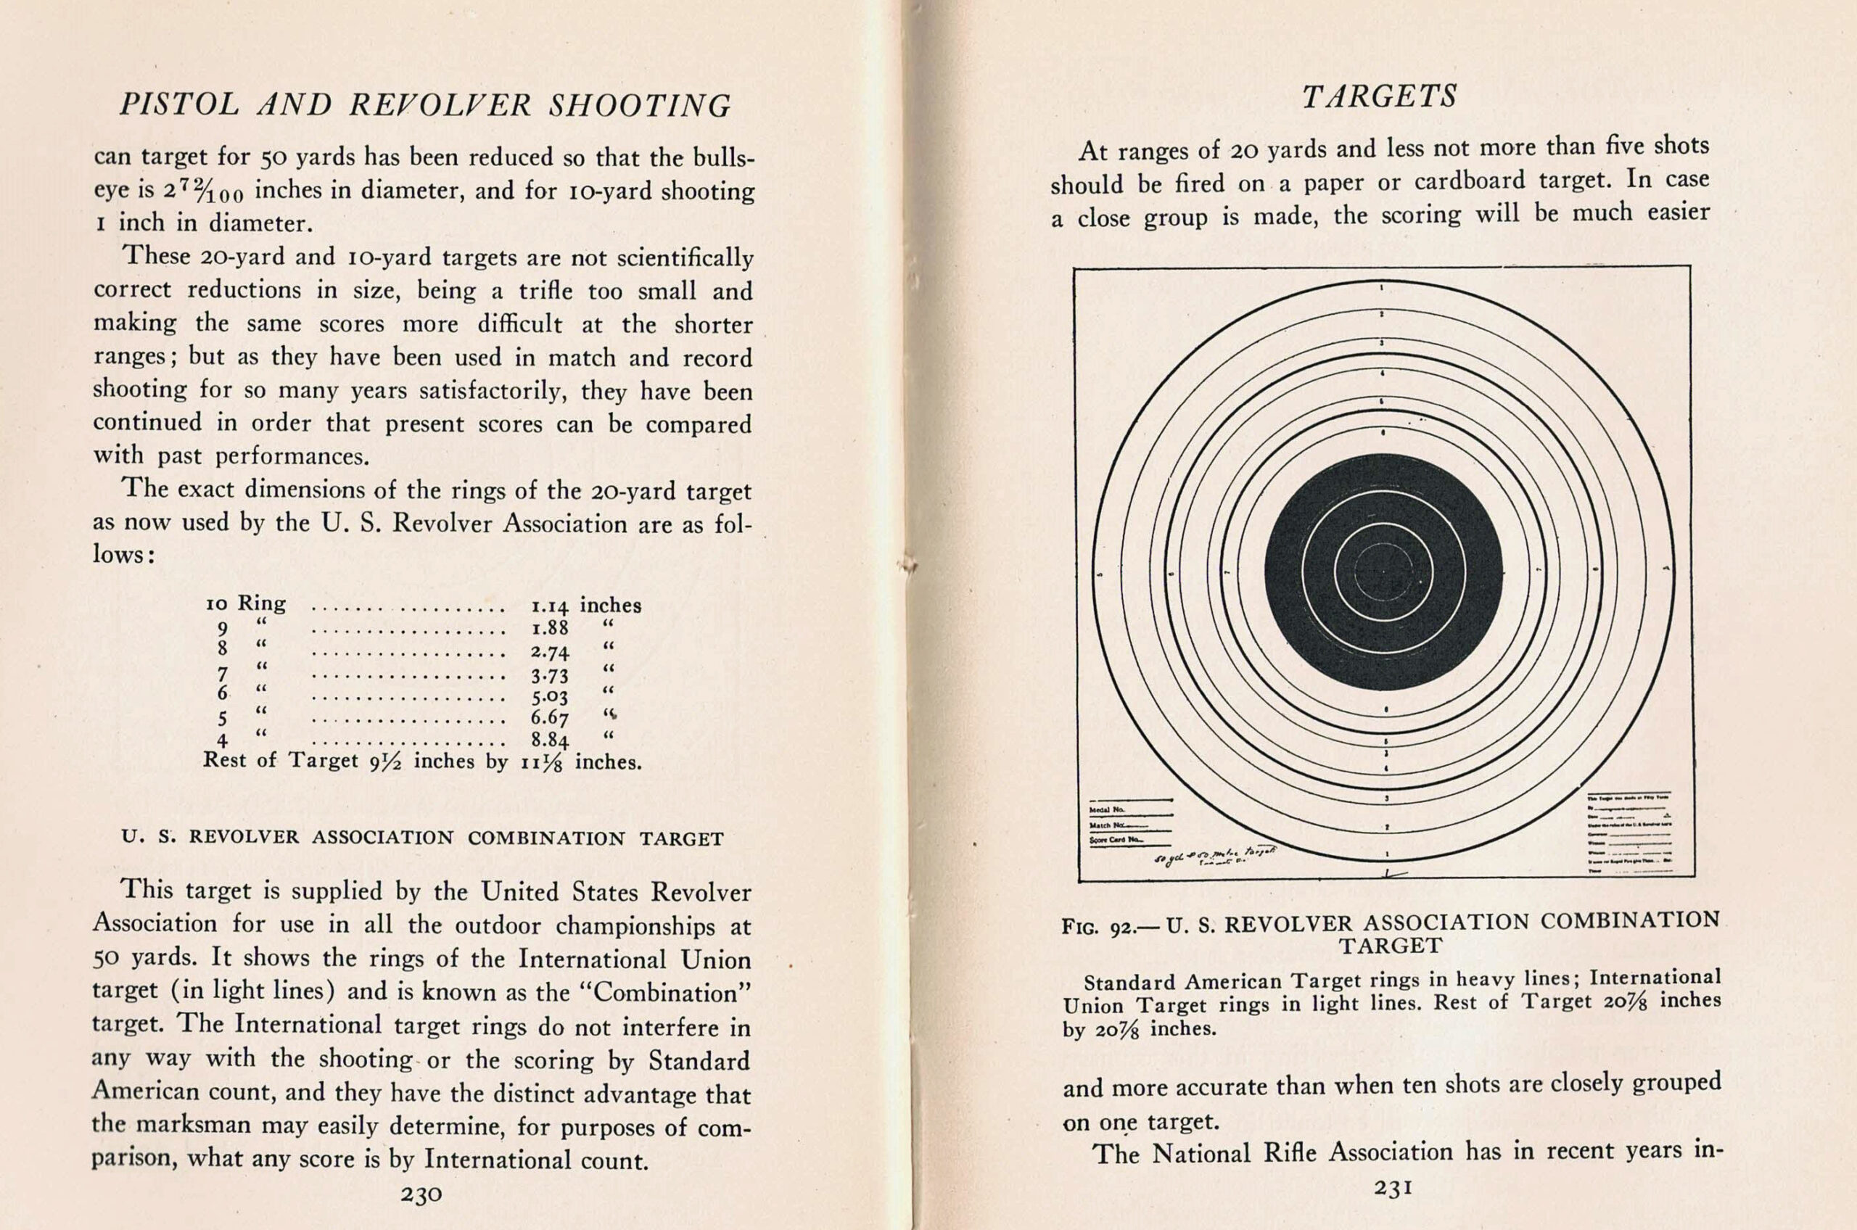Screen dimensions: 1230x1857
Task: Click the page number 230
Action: click(x=421, y=1194)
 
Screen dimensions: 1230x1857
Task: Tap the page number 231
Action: click(x=1393, y=1188)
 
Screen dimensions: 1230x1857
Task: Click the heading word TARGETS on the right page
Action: click(x=1379, y=96)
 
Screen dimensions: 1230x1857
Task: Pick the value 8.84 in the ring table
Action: click(x=549, y=740)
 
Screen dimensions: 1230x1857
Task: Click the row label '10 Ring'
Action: click(x=244, y=604)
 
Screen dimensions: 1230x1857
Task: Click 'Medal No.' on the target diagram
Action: click(x=1107, y=809)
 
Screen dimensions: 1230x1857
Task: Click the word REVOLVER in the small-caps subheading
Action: click(x=244, y=838)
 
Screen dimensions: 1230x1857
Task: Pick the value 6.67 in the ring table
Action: click(x=549, y=718)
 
